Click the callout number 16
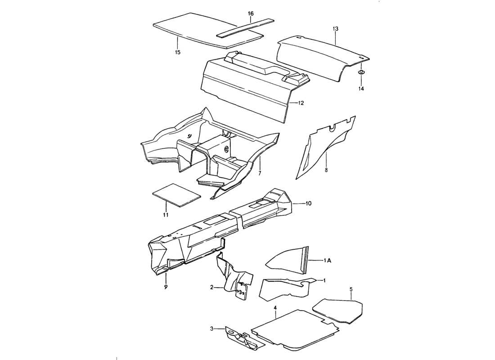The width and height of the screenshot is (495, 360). [251, 13]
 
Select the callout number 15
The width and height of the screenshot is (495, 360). [177, 53]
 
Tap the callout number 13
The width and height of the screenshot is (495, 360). [335, 29]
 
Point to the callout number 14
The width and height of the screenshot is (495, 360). [361, 89]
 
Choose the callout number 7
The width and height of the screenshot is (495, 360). [259, 173]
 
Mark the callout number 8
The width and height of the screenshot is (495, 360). [326, 171]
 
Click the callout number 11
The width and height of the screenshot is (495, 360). [166, 216]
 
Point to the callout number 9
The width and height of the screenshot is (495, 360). [166, 287]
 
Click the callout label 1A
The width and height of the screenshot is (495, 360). [328, 260]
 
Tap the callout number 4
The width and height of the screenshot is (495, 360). [275, 308]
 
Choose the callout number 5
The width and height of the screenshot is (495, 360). [351, 290]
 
